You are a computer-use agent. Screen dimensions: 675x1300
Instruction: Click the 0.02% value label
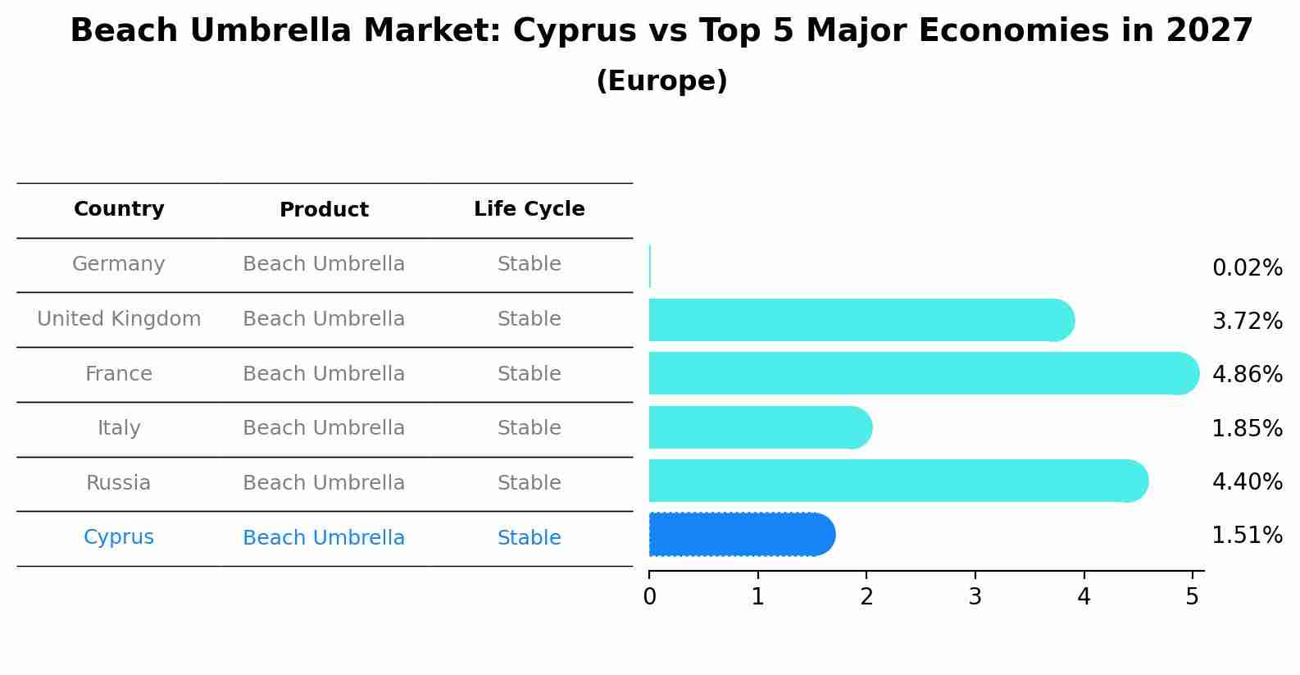point(1247,268)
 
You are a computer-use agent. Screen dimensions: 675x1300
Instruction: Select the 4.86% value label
point(1247,375)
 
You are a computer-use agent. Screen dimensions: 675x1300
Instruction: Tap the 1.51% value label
point(1247,536)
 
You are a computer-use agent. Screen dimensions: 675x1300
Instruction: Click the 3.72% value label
point(1247,322)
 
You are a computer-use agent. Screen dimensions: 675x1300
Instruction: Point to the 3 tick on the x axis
point(975,597)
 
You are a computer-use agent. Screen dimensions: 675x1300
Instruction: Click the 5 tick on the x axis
point(1192,597)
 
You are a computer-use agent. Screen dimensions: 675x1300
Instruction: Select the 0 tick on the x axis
point(649,597)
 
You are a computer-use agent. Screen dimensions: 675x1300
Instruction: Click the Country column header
point(119,209)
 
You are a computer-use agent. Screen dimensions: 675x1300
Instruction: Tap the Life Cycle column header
point(529,209)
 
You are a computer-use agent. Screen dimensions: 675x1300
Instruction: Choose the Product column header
point(324,210)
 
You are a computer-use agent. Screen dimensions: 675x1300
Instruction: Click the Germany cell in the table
point(119,264)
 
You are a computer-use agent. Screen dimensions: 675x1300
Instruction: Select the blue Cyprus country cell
point(119,537)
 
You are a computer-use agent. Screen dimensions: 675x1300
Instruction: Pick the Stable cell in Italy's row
point(529,428)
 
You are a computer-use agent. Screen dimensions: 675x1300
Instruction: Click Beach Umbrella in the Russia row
point(324,483)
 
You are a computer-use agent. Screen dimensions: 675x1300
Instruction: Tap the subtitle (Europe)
point(661,81)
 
